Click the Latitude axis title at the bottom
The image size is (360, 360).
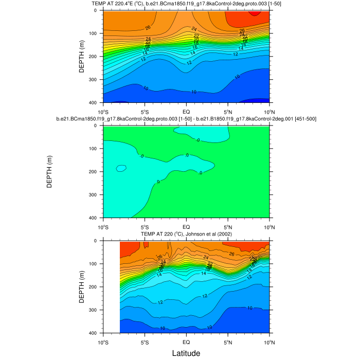186,353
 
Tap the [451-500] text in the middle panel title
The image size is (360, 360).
302,119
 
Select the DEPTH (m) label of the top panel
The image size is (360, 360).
82,57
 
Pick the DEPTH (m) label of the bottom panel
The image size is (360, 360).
82,287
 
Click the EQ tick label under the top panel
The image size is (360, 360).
186,112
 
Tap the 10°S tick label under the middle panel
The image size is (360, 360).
103,227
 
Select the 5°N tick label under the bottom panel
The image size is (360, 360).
228,342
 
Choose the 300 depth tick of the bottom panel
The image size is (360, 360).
96,310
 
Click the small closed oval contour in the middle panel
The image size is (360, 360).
121,168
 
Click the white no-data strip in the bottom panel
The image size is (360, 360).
111,287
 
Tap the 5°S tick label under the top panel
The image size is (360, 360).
145,112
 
